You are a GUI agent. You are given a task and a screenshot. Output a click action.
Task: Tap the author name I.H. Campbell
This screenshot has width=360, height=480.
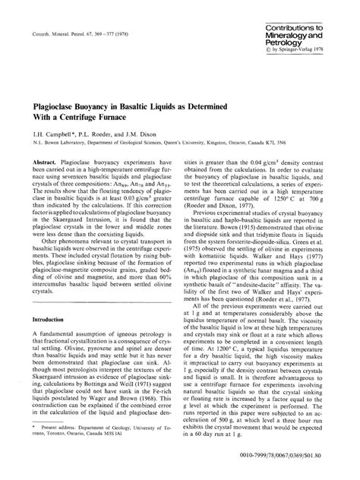(49, 141)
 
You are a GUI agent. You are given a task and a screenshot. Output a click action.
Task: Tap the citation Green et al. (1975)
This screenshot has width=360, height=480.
(311, 241)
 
